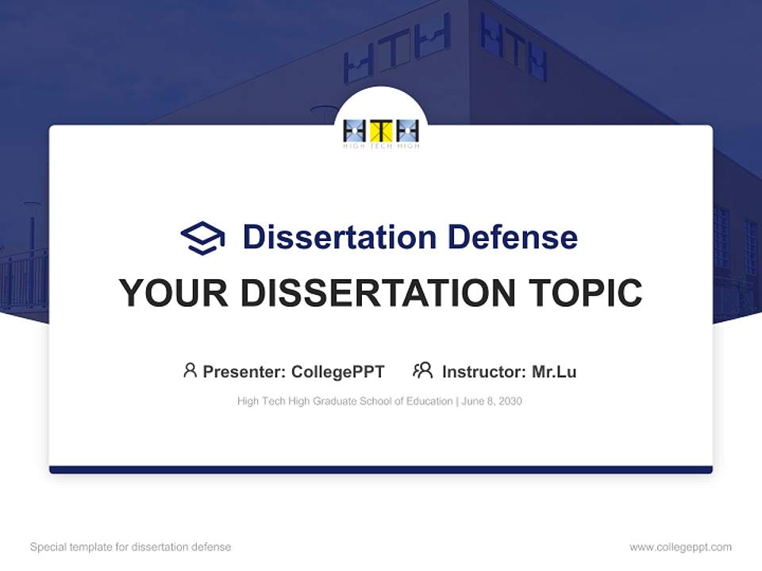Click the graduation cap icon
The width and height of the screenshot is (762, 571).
click(202, 238)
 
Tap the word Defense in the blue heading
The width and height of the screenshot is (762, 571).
click(512, 237)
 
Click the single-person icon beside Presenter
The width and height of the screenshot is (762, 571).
click(190, 370)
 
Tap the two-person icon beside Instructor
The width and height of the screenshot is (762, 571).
click(422, 370)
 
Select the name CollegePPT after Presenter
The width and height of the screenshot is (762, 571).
click(337, 372)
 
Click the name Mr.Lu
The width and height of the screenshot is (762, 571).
click(554, 372)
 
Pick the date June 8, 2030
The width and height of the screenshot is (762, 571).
click(491, 401)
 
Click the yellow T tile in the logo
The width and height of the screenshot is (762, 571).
click(381, 131)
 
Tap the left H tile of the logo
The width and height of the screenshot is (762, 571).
click(355, 131)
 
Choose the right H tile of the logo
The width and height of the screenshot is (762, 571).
click(407, 131)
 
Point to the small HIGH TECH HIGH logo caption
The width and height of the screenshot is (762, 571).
click(381, 146)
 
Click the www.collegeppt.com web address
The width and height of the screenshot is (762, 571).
click(680, 547)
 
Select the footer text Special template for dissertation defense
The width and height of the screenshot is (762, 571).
click(131, 547)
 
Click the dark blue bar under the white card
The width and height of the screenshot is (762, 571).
click(381, 469)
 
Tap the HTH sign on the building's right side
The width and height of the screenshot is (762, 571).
click(514, 46)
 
